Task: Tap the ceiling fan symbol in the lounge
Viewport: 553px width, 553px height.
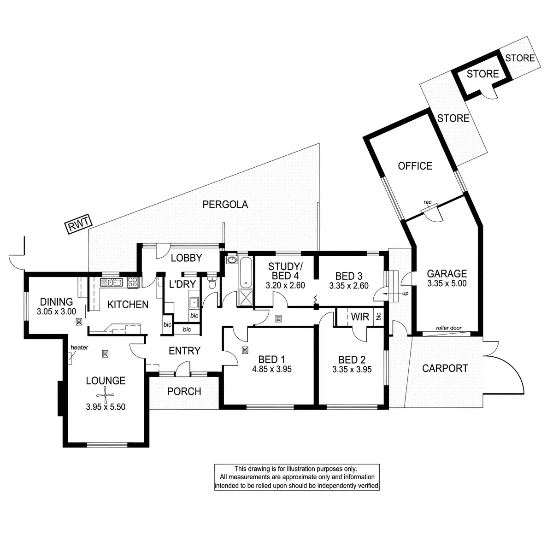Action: click(106, 394)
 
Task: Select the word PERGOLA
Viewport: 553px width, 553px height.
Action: click(225, 205)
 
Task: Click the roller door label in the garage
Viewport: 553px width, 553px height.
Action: click(449, 329)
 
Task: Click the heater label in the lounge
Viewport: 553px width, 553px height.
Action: click(79, 347)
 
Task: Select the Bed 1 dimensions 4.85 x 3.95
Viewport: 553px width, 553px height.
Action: click(272, 369)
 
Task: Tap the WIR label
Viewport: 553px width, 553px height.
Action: click(360, 318)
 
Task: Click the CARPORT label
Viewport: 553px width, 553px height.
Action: click(445, 368)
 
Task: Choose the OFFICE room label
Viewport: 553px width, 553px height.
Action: click(415, 166)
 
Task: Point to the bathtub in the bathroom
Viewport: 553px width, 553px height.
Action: click(245, 272)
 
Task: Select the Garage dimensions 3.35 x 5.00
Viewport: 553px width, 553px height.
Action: click(447, 284)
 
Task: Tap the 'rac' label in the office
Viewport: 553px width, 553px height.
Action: click(427, 202)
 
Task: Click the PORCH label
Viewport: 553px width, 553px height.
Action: click(184, 392)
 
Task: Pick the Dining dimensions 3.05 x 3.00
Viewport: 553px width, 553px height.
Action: click(56, 312)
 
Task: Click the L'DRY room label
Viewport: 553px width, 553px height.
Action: click(182, 284)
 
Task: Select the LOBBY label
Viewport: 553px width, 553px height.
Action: click(186, 258)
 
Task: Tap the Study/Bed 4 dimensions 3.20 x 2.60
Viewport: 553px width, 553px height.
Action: click(285, 286)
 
